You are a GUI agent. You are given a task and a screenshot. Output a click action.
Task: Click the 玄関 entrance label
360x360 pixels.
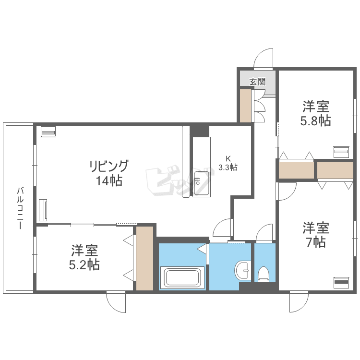click(x=258, y=82)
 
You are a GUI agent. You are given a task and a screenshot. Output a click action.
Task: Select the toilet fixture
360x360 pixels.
click(x=263, y=274)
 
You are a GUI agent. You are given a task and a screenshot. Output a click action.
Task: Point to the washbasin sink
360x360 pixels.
click(x=242, y=270)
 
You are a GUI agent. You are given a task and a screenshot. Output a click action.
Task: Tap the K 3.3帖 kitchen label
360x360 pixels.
click(x=228, y=163)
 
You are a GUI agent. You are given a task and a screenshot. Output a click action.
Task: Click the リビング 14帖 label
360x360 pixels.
click(x=109, y=173)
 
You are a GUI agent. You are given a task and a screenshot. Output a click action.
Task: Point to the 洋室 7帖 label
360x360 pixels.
click(x=316, y=234)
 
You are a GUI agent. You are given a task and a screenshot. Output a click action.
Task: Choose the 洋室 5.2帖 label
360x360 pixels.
click(x=84, y=257)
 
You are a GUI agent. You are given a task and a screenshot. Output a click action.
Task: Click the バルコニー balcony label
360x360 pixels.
click(x=20, y=208)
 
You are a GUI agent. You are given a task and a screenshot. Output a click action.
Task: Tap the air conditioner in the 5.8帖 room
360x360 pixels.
click(x=341, y=152)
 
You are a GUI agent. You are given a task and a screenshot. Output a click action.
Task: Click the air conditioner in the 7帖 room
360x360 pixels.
click(x=341, y=283)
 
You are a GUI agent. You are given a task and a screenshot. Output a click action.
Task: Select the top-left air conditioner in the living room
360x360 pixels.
click(x=48, y=132)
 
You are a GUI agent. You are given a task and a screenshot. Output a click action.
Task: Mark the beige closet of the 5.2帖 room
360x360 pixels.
click(x=144, y=258)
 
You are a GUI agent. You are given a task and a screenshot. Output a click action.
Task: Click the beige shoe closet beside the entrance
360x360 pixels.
click(x=245, y=106)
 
